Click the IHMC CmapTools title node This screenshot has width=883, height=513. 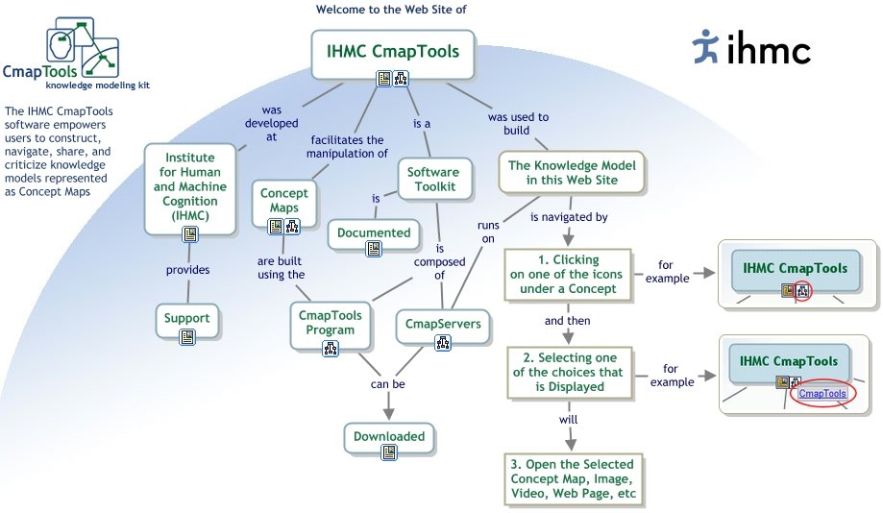pyautogui.click(x=393, y=53)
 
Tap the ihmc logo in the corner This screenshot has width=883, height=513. pyautogui.click(x=751, y=45)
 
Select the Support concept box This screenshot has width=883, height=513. pyautogui.click(x=187, y=317)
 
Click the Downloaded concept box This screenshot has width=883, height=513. pyautogui.click(x=388, y=436)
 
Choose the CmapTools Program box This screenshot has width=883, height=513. pyautogui.click(x=327, y=323)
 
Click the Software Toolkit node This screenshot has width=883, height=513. pyautogui.click(x=432, y=180)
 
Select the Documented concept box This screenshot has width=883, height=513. pyautogui.click(x=374, y=232)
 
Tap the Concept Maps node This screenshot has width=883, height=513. pyautogui.click(x=284, y=201)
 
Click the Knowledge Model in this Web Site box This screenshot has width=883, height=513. pyautogui.click(x=572, y=173)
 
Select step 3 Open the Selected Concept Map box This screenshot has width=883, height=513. pyautogui.click(x=573, y=479)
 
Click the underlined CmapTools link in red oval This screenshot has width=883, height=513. pyautogui.click(x=822, y=393)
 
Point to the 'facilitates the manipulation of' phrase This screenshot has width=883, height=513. pyautogui.click(x=348, y=146)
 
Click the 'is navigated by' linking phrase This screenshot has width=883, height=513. pyautogui.click(x=569, y=217)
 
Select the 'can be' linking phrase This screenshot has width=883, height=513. pyautogui.click(x=387, y=385)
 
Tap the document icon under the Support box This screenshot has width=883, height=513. pyautogui.click(x=187, y=336)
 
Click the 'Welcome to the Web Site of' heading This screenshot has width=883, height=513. pyautogui.click(x=392, y=11)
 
